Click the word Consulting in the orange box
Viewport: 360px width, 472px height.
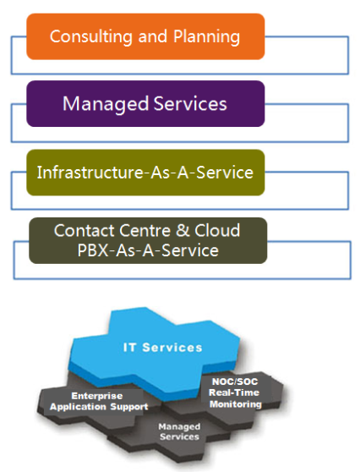click(x=90, y=37)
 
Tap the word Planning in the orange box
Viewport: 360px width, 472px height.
click(x=206, y=37)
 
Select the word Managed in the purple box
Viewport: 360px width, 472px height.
click(x=106, y=104)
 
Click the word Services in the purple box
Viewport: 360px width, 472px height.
click(x=190, y=104)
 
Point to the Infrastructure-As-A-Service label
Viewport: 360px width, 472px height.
click(x=145, y=173)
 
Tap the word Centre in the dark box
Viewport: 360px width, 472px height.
click(x=145, y=231)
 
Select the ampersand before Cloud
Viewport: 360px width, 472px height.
click(x=183, y=230)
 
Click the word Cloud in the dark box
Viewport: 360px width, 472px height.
click(x=217, y=230)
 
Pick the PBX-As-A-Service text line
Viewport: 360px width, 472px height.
click(x=148, y=250)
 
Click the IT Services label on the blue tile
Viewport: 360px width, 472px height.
click(x=162, y=348)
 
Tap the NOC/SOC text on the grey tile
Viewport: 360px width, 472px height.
click(x=235, y=381)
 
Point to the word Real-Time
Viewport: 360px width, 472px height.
click(x=234, y=392)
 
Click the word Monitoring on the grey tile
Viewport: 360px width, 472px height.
click(x=236, y=404)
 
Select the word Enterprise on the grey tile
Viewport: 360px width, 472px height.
click(x=97, y=396)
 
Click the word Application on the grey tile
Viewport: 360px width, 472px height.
click(x=79, y=407)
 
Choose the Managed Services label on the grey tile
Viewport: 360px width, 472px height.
click(x=179, y=431)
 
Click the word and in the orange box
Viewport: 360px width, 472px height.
click(x=152, y=36)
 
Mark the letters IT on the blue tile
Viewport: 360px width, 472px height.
click(x=129, y=348)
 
